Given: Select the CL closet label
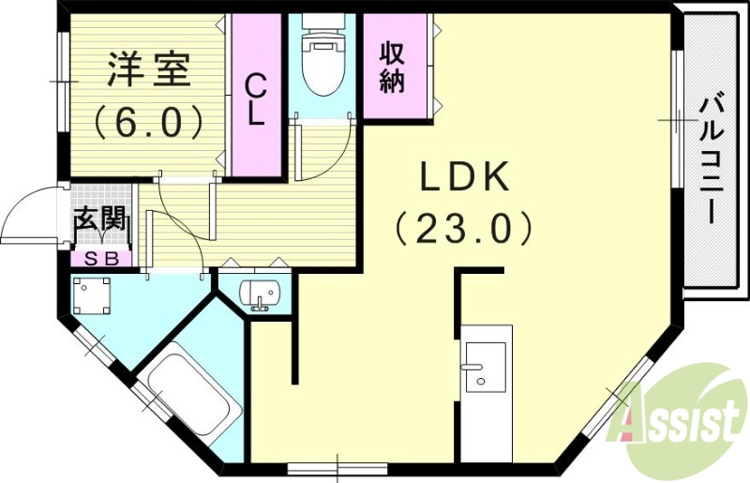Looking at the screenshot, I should [x=256, y=100].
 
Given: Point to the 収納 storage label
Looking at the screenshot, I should [x=392, y=68].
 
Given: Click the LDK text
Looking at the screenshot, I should [x=462, y=177].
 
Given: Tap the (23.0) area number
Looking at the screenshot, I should [x=462, y=228].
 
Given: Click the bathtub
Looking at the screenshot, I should [x=191, y=398].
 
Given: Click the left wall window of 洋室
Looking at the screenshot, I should [x=62, y=84].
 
